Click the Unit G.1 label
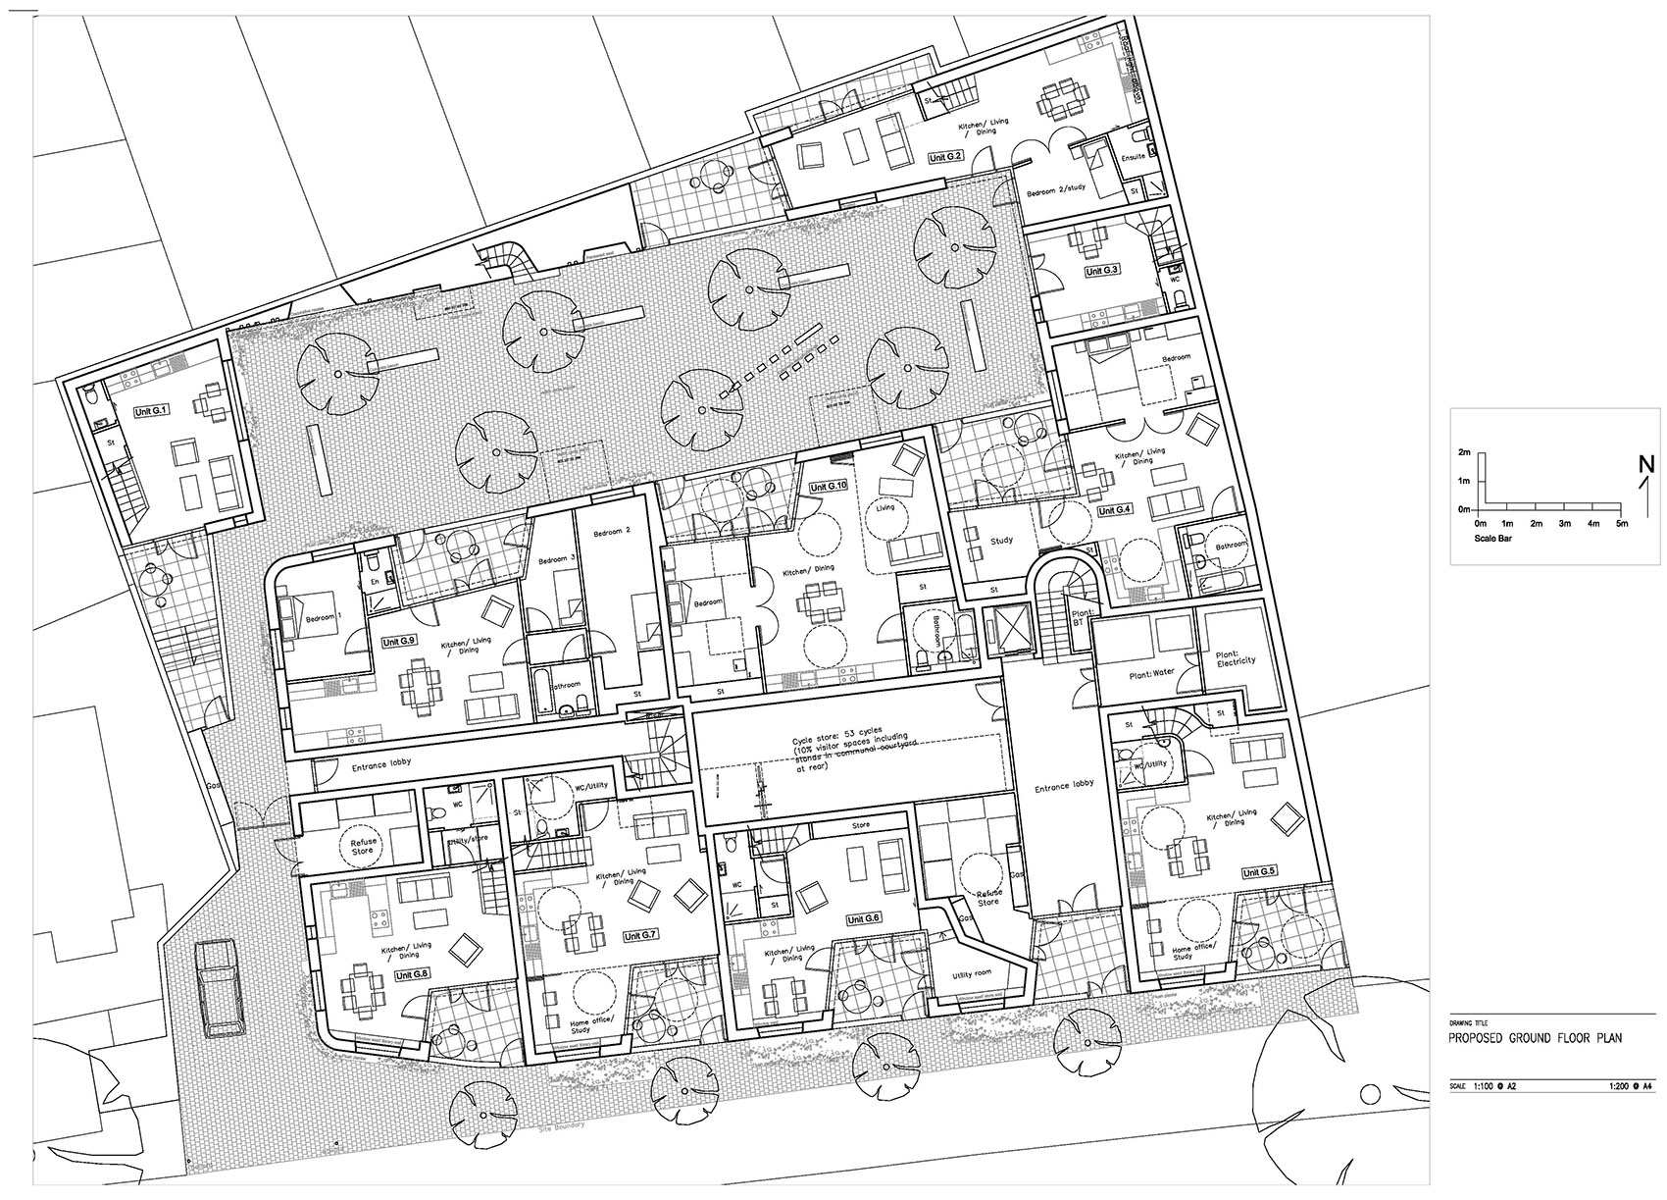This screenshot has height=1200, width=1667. [154, 411]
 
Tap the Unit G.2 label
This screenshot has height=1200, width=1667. [947, 156]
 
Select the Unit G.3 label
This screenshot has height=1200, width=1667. [1101, 270]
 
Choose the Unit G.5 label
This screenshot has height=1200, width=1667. [1259, 871]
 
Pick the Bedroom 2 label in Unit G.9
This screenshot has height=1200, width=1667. [612, 531]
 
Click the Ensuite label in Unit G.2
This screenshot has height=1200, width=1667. [1133, 156]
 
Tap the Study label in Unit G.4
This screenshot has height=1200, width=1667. [1001, 541]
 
